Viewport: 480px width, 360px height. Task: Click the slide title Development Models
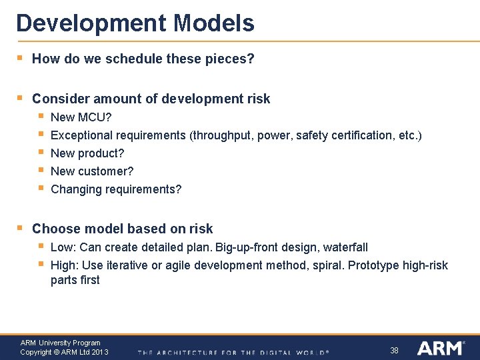point(135,23)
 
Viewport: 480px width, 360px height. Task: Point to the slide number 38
point(394,350)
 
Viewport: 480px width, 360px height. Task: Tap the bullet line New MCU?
point(81,117)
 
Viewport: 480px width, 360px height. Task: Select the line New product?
point(87,153)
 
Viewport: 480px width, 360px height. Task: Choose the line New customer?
point(92,171)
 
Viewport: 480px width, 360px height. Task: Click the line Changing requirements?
point(116,189)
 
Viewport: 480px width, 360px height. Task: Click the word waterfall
point(345,247)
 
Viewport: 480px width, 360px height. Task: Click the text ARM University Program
point(60,343)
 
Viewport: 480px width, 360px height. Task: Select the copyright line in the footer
point(64,352)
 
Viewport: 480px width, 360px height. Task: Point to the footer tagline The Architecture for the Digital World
point(233,352)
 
